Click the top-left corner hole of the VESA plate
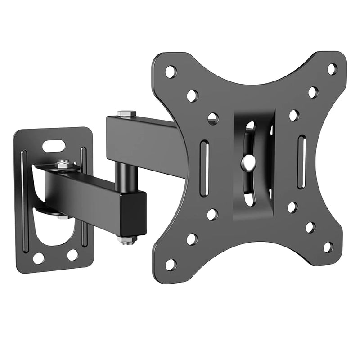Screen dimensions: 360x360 tap(171, 72)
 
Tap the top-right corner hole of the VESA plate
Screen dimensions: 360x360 tap(332, 69)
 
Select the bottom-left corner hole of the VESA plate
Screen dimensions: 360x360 tap(171, 264)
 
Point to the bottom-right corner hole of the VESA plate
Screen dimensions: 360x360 tap(328, 247)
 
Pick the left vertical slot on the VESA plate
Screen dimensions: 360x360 tap(204, 168)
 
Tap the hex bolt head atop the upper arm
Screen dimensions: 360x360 tap(126, 113)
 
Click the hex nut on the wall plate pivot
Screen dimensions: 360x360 tap(63, 164)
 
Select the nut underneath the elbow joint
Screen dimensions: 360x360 tap(127, 239)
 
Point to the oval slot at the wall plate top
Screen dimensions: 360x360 tap(54, 146)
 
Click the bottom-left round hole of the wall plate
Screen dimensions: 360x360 tap(39, 258)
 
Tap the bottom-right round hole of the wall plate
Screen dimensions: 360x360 tap(72, 255)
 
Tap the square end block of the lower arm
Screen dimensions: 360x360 tap(133, 214)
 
